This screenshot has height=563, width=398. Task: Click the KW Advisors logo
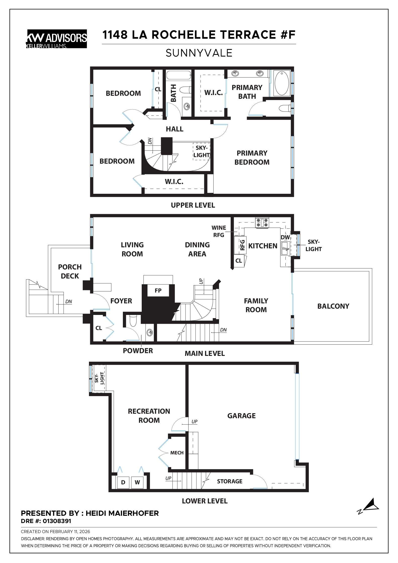[57, 39]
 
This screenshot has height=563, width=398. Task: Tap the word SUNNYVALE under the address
[199, 53]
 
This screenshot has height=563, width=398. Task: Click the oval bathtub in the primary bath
[282, 83]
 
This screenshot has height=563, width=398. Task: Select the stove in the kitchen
[262, 223]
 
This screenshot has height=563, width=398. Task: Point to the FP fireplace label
[158, 291]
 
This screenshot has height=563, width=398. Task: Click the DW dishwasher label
[285, 237]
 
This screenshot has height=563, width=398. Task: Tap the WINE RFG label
[219, 231]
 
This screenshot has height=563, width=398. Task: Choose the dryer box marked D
[123, 482]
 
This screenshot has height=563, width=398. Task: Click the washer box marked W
[137, 482]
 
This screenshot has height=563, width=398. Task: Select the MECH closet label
[177, 453]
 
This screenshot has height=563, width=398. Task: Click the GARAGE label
[241, 416]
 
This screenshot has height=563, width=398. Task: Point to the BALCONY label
[333, 306]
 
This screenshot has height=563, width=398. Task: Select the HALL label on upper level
[174, 129]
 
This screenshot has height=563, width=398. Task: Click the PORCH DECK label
[70, 271]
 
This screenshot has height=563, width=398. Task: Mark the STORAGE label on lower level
[230, 481]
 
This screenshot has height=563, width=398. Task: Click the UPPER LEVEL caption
[193, 205]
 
